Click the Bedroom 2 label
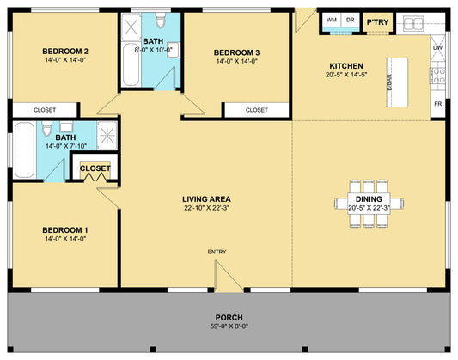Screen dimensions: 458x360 pos(65,52)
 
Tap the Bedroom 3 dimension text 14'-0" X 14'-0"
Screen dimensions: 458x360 pos(236,61)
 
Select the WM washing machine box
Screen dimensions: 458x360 pos(332,20)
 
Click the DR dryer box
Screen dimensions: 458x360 pos(351,20)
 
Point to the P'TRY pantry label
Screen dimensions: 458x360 pos(378,22)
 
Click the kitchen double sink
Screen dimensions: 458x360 pos(413,24)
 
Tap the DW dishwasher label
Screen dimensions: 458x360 pos(438,47)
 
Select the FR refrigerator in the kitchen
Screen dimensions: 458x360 pos(438,104)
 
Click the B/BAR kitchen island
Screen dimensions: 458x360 pos(397,82)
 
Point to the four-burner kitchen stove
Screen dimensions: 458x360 pos(437,76)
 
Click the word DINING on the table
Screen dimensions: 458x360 pos(369,199)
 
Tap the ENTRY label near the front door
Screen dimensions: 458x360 pos(217,252)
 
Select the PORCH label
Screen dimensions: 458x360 pos(229,317)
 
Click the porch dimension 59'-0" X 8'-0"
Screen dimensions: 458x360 pos(229,326)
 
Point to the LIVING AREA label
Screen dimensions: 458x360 pos(206,199)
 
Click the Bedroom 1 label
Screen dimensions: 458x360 pos(65,230)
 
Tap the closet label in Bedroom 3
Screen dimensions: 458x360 pos(257,110)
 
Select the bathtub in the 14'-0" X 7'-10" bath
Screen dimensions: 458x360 pos(24,149)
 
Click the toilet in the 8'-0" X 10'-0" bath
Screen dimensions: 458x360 pos(161,20)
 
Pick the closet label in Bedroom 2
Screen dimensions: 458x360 pos(45,110)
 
